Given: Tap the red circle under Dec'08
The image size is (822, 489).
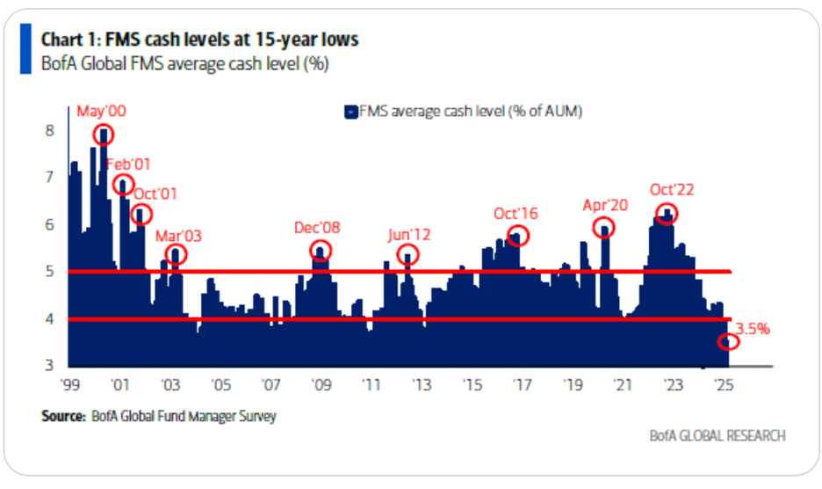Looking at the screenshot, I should [321, 251].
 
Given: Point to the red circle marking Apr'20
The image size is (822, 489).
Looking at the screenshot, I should [604, 228].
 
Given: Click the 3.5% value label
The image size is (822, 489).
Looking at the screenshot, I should [752, 329].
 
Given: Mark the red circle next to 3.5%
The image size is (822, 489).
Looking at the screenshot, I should [729, 341].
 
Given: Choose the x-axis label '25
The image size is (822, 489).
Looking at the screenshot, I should [725, 384].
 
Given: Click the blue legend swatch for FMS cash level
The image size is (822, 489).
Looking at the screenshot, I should [350, 112].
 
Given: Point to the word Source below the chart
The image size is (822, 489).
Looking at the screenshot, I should [62, 415].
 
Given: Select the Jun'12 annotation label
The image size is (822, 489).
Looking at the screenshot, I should [409, 235].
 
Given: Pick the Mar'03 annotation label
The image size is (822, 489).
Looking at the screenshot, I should [178, 235].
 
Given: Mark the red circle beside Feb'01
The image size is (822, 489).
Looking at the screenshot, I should [124, 185].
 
